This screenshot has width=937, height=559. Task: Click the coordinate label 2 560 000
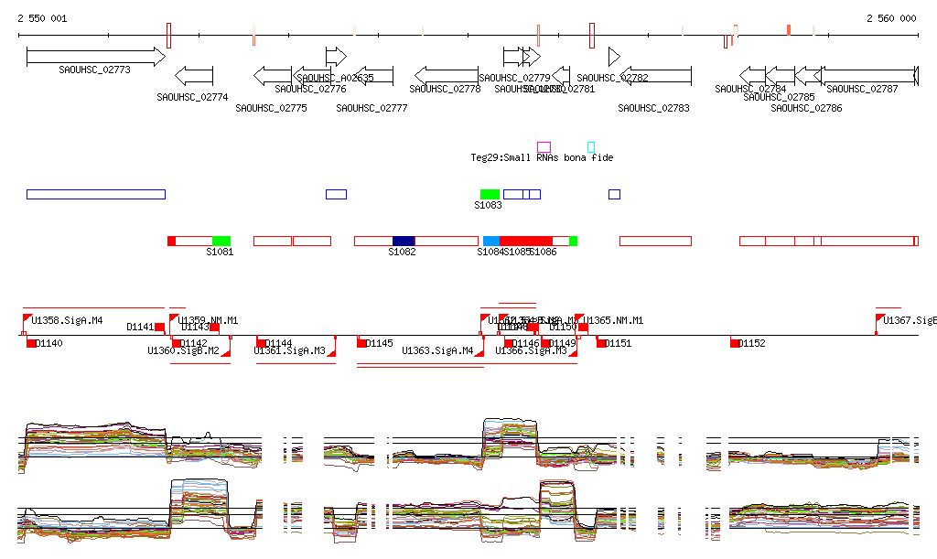(x=891, y=18)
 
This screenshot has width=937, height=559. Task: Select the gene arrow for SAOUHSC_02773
(x=95, y=57)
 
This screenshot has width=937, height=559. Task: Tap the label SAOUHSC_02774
(x=192, y=97)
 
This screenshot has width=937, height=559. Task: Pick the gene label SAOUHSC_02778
(x=445, y=89)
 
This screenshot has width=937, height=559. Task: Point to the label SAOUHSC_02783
(x=653, y=108)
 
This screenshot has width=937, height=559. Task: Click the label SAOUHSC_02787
(x=862, y=89)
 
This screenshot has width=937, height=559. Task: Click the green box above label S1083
(x=490, y=194)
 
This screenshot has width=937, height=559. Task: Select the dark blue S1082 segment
(x=404, y=241)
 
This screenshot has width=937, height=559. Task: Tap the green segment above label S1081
(x=221, y=241)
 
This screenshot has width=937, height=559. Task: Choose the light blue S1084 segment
(x=490, y=241)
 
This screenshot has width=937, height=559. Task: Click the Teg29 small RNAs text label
(x=542, y=157)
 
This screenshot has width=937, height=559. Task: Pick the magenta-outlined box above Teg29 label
(x=544, y=146)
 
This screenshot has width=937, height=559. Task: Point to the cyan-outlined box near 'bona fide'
(x=590, y=146)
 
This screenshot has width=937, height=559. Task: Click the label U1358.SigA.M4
(x=67, y=320)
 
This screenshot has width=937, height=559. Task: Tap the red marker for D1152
(x=735, y=342)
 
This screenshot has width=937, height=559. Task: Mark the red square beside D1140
(x=31, y=343)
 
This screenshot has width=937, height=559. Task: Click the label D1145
(x=379, y=343)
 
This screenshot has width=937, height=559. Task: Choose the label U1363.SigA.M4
(x=437, y=350)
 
